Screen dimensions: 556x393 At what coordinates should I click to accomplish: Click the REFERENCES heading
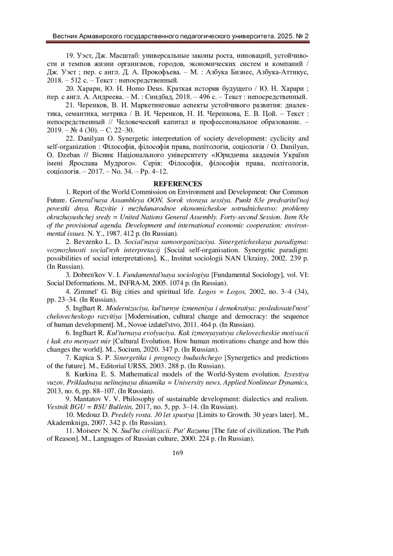click(178, 183)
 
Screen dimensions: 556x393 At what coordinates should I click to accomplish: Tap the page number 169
click(177, 453)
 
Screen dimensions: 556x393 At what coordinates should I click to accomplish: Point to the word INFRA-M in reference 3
click(132, 283)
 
